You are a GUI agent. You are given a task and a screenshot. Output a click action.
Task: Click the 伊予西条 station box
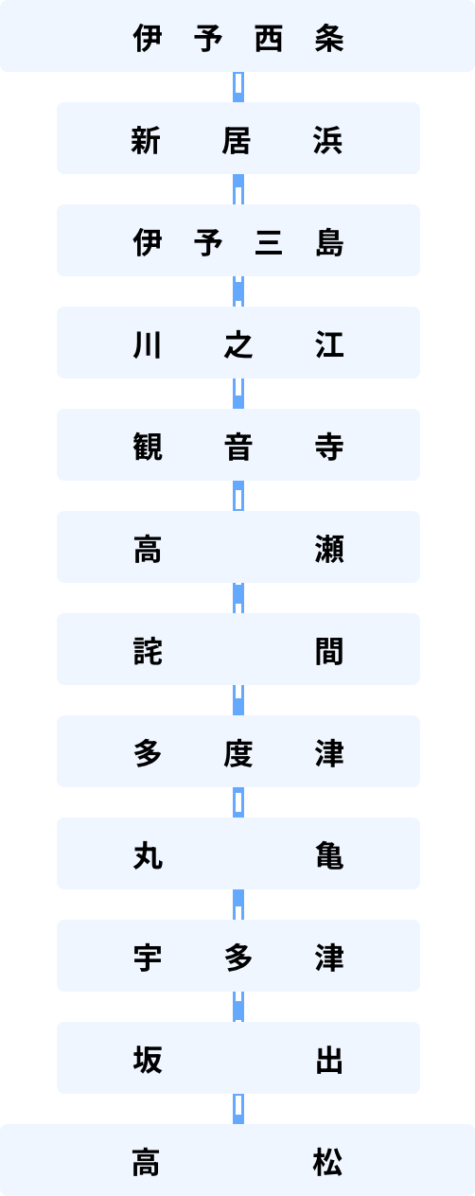237,36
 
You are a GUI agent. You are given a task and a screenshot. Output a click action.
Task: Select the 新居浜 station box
238,138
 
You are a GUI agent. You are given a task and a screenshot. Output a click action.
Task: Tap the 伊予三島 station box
238,240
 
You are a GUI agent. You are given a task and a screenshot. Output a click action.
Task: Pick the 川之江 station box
238,343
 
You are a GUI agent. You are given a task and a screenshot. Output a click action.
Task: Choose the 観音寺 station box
238,445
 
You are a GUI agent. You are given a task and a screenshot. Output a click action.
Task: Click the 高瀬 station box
238,547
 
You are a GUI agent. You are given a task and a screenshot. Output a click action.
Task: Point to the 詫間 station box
238,649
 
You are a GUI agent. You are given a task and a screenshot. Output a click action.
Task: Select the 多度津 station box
238,751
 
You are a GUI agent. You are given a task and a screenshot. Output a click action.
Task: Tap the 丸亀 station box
238,853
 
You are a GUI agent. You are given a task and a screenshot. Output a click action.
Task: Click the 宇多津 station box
238,956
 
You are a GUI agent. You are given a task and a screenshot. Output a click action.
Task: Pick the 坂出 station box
238,1058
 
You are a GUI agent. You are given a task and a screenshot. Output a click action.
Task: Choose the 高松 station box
237,1160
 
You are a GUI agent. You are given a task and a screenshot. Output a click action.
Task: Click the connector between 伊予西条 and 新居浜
238,87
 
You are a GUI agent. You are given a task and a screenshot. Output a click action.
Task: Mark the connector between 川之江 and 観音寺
238,394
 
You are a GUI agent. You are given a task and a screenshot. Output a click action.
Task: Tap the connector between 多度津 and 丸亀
238,802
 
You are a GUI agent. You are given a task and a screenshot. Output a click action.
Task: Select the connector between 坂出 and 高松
238,1109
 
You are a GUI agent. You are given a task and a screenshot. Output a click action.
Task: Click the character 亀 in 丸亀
328,855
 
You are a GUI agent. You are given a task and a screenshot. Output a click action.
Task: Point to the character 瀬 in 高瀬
328,549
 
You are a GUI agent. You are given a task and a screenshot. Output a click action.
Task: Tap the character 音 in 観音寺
238,447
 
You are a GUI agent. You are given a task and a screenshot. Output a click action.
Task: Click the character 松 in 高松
327,1162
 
